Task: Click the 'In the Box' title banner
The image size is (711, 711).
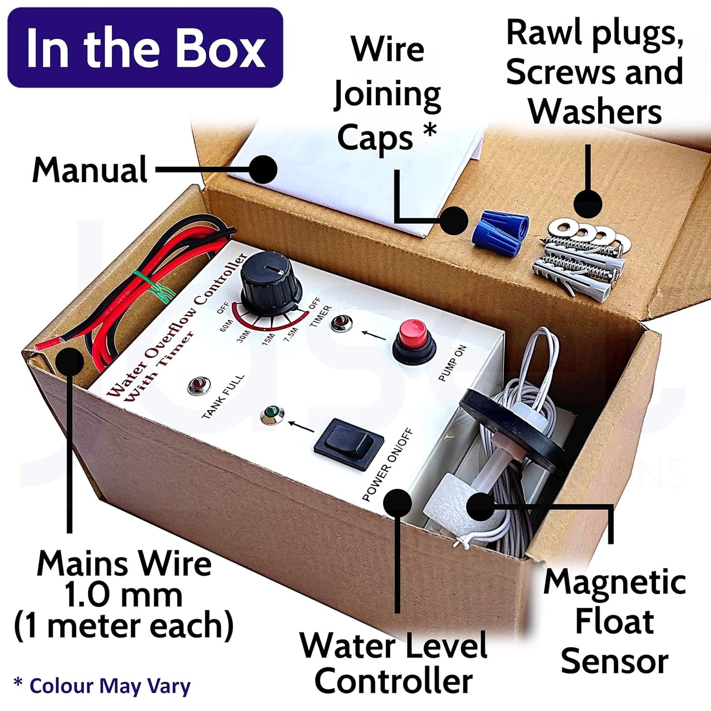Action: pyautogui.click(x=145, y=48)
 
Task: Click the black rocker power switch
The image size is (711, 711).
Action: pyautogui.click(x=348, y=443)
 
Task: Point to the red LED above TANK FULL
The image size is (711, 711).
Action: pyautogui.click(x=199, y=385)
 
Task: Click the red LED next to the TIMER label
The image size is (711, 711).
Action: pyautogui.click(x=341, y=323)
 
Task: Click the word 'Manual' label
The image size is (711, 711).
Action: pyautogui.click(x=90, y=170)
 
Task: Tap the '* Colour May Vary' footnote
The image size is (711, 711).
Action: pyautogui.click(x=102, y=685)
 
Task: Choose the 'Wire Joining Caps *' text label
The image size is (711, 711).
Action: pyautogui.click(x=387, y=93)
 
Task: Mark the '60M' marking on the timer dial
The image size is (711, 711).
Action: pyautogui.click(x=226, y=326)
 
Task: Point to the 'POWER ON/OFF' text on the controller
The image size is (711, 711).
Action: pyautogui.click(x=388, y=464)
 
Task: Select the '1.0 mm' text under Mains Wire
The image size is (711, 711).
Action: pyautogui.click(x=123, y=595)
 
